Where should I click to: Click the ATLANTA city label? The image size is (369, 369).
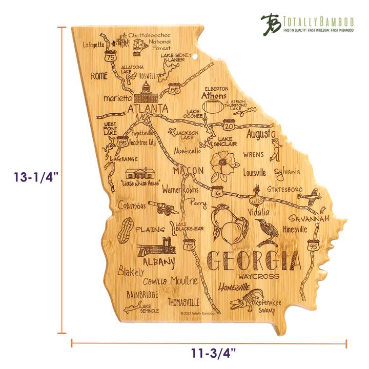click(x=148, y=109)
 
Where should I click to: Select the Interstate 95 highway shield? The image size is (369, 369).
click(x=312, y=245)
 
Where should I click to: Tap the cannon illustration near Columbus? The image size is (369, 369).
click(x=163, y=207)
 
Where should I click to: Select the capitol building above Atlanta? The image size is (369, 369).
click(x=148, y=92)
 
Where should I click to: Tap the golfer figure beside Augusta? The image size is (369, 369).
click(x=277, y=148)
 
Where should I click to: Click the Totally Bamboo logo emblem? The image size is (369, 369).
click(x=271, y=24)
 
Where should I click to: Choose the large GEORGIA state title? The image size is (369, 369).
click(x=254, y=261)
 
